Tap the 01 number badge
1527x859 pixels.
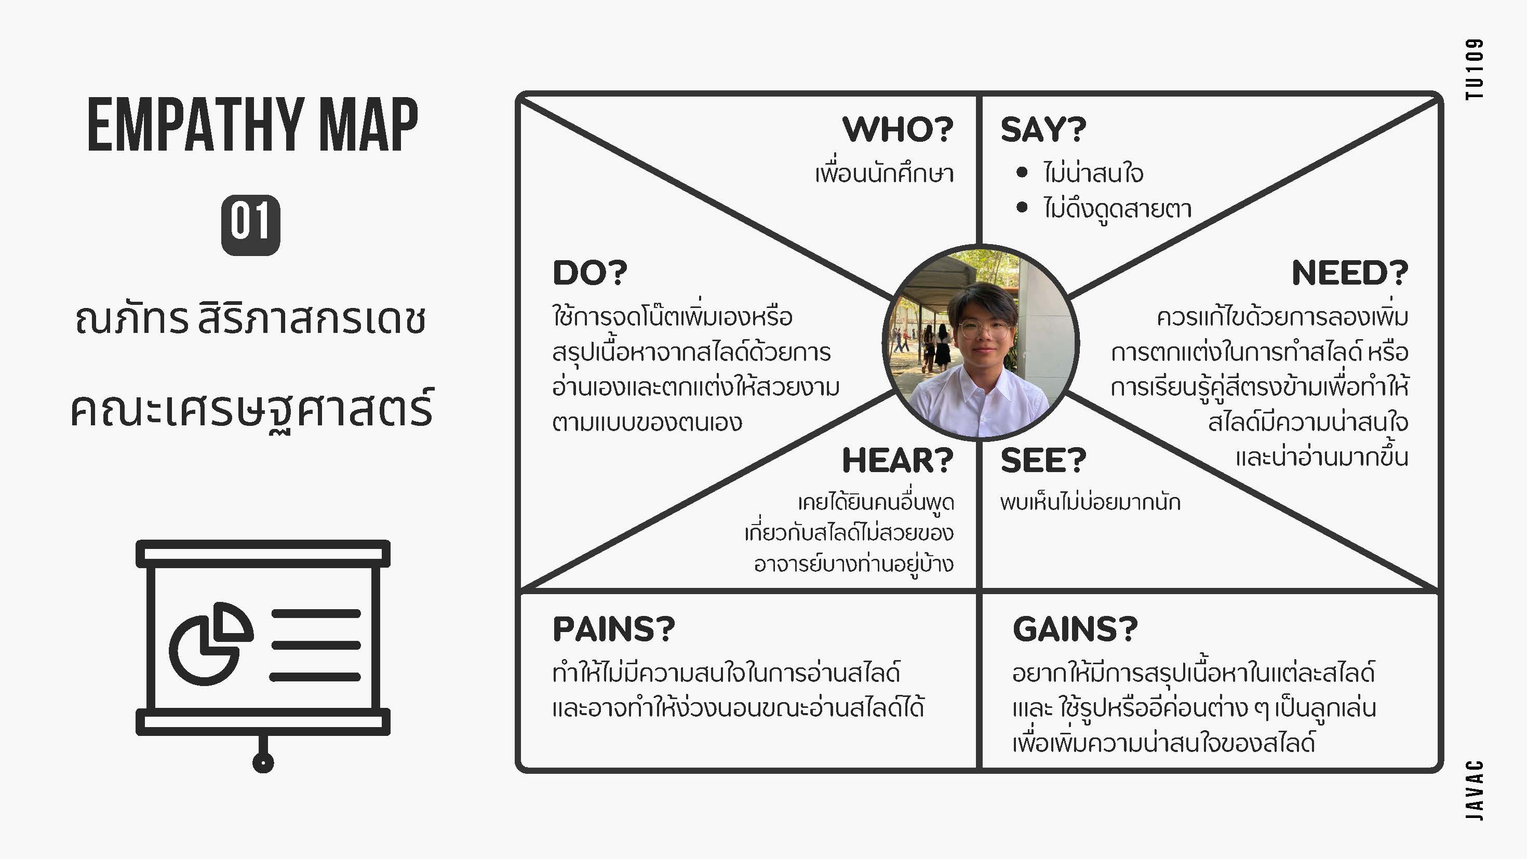[251, 225]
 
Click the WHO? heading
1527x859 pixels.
[898, 129]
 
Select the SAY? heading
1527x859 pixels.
[1043, 129]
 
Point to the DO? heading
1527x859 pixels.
[590, 273]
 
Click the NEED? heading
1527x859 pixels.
[1350, 273]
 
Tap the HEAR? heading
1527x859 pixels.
[898, 461]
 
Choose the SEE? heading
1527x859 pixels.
[1043, 461]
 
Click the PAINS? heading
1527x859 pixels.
[613, 629]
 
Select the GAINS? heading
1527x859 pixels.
[1075, 629]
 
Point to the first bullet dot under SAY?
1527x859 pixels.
[1021, 172]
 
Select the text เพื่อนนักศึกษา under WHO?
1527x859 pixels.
[885, 173]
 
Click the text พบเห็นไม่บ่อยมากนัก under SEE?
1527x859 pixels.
[1090, 502]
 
